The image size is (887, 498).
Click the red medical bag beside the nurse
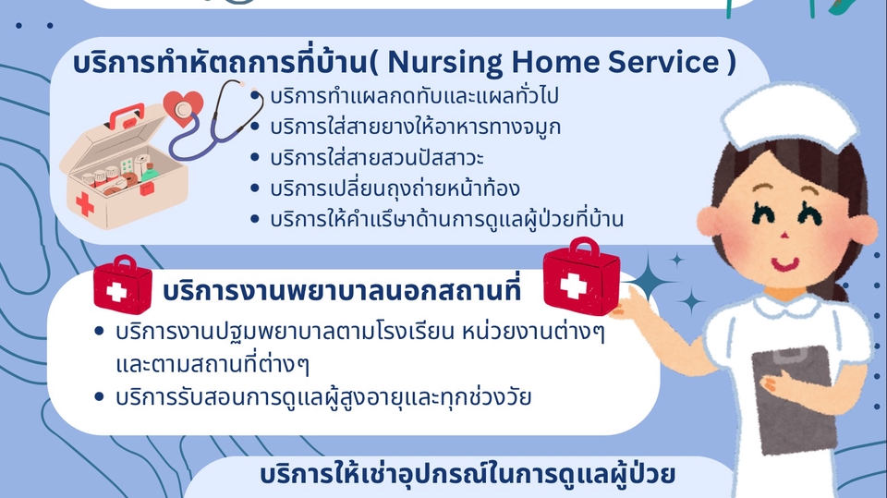click(x=582, y=280)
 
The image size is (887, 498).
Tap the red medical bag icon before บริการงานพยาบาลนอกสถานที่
click(x=122, y=289)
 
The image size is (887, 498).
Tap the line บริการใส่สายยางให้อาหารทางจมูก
click(x=416, y=127)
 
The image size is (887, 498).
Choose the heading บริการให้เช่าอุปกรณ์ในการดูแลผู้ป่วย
click(x=468, y=476)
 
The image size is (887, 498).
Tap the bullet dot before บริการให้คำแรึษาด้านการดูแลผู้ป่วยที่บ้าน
click(x=256, y=220)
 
